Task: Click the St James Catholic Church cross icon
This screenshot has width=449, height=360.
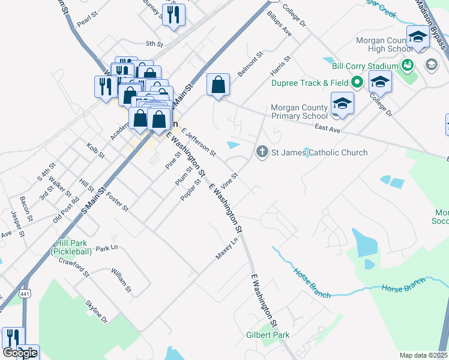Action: tap(262, 152)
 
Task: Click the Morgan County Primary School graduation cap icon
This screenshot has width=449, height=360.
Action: tap(342, 103)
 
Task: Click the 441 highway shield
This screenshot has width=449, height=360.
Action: tap(25, 293)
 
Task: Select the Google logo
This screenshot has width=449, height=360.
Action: tap(20, 353)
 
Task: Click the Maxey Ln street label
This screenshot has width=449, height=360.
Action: tap(228, 248)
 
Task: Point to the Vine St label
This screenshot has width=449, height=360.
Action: tap(231, 179)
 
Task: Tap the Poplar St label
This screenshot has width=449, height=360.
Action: tap(190, 190)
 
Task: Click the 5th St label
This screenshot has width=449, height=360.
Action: tap(154, 44)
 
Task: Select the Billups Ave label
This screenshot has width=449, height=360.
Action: tap(279, 23)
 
